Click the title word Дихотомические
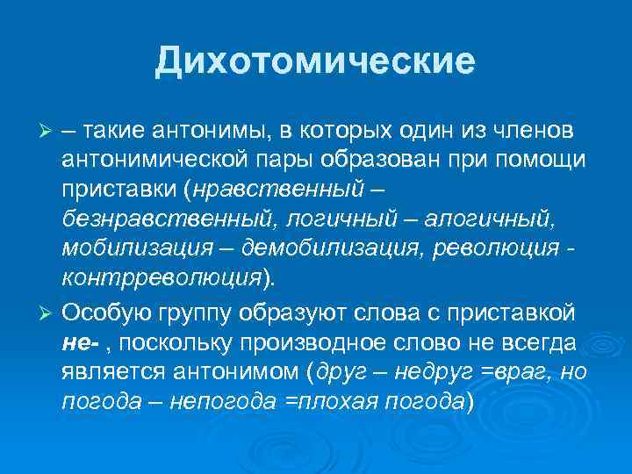tap(315, 61)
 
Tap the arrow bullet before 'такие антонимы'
tap(49, 131)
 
